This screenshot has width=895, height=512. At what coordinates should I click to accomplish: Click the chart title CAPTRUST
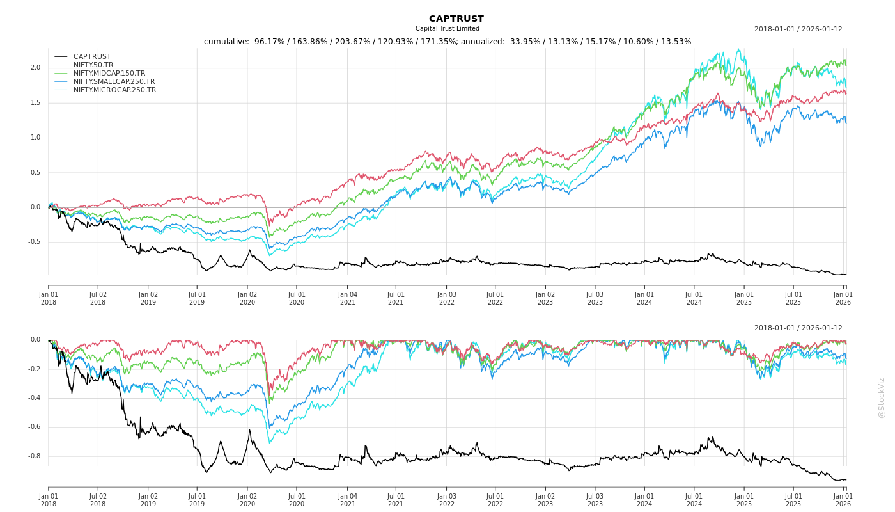pyautogui.click(x=456, y=19)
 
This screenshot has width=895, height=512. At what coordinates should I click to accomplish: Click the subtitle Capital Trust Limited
pyautogui.click(x=447, y=29)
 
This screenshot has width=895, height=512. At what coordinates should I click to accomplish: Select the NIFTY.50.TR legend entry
pyautogui.click(x=93, y=65)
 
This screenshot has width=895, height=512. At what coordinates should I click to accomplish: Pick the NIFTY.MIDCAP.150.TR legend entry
pyautogui.click(x=109, y=73)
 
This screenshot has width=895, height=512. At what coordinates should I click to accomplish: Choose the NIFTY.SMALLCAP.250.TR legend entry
pyautogui.click(x=114, y=81)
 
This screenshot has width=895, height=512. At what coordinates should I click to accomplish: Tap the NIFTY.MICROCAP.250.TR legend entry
pyautogui.click(x=114, y=90)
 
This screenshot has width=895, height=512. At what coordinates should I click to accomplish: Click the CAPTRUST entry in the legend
pyautogui.click(x=92, y=56)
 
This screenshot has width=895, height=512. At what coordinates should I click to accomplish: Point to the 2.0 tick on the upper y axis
pyautogui.click(x=35, y=68)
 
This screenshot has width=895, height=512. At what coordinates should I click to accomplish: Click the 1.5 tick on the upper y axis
pyautogui.click(x=35, y=103)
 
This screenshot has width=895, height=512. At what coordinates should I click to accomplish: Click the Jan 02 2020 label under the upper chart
pyautogui.click(x=247, y=298)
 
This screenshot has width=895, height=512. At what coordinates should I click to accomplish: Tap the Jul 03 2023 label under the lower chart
pyautogui.click(x=595, y=500)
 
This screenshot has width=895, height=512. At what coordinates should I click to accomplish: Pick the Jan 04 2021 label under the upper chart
pyautogui.click(x=347, y=298)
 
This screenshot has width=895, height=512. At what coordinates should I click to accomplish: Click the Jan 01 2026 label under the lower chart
pyautogui.click(x=843, y=500)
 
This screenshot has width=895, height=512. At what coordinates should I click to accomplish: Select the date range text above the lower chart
pyautogui.click(x=798, y=328)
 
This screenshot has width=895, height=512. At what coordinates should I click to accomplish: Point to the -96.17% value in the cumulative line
pyautogui.click(x=265, y=42)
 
